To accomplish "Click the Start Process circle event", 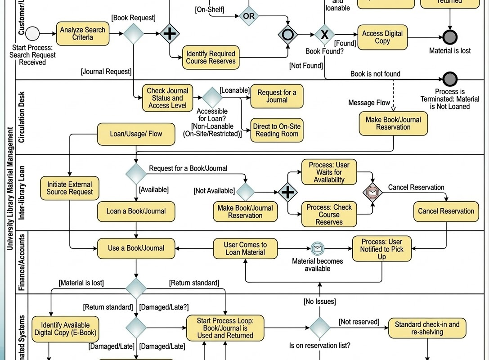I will click(32, 34).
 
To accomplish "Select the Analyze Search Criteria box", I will click(83, 34).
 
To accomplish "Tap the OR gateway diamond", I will click(248, 16).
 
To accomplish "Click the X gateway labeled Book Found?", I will click(324, 35).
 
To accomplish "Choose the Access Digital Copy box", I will click(382, 37).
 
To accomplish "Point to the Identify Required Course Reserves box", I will click(211, 57).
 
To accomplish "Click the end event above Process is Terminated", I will click(450, 79).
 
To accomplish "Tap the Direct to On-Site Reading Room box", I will click(277, 130).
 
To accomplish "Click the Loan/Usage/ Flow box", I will click(136, 134).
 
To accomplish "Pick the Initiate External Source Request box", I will click(69, 188).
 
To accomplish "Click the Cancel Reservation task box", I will click(446, 211).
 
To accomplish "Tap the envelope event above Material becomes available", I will click(318, 248).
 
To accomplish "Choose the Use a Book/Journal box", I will click(136, 248).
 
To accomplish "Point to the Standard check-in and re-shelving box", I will click(427, 328).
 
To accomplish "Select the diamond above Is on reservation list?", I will click(320, 328).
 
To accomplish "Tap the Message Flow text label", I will click(369, 103).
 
